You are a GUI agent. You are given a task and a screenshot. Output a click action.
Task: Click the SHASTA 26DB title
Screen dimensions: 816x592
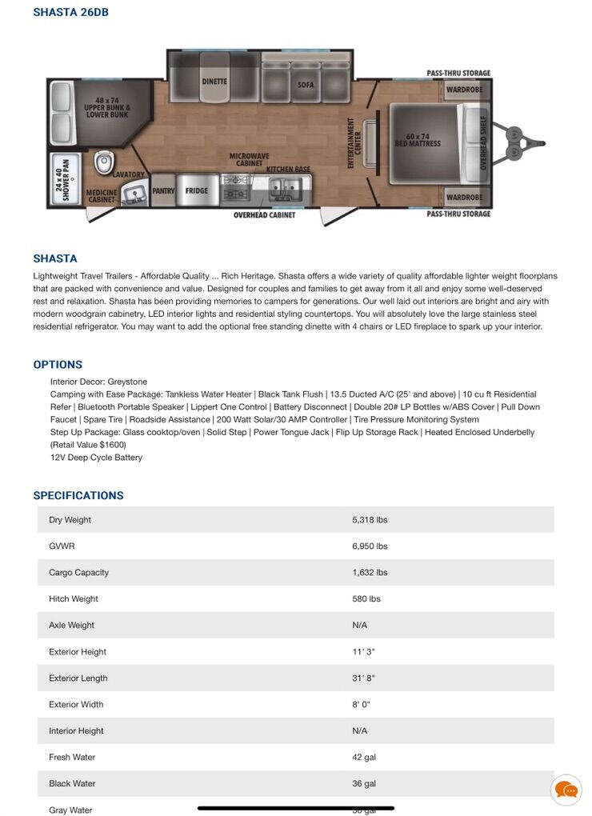coord(70,12)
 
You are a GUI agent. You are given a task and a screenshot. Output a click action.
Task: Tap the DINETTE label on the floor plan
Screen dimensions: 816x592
coord(214,82)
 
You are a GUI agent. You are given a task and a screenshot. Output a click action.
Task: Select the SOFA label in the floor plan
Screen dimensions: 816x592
coord(306,84)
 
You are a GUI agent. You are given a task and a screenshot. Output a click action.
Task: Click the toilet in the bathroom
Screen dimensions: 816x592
coord(103,162)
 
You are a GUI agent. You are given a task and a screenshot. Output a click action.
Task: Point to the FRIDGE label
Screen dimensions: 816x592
coord(196,190)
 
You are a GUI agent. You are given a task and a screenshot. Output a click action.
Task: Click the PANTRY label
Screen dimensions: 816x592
coord(162,190)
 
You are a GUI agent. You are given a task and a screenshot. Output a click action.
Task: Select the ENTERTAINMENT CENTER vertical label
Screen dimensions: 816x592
coord(353,136)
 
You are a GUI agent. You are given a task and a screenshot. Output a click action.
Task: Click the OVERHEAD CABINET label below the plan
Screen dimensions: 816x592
coord(264,215)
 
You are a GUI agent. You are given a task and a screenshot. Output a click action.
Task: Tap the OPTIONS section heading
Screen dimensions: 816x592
coord(58,365)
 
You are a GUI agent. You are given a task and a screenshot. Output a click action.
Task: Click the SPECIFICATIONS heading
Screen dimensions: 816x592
coord(78,496)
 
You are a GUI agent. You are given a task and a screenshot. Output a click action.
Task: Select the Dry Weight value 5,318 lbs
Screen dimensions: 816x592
coord(370,520)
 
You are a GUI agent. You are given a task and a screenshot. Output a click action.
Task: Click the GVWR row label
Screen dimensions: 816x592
coord(61,546)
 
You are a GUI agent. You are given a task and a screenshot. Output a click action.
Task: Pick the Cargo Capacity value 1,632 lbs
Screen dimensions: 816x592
coord(370,573)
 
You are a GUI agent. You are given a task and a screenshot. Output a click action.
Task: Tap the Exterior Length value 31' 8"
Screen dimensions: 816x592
coord(363,678)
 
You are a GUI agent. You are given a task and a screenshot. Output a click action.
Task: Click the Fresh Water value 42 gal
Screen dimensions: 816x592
coord(364,758)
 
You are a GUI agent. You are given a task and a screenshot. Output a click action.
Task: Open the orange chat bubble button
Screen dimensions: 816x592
coord(566,790)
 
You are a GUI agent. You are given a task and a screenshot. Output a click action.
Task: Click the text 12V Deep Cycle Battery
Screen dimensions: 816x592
coord(96,458)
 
